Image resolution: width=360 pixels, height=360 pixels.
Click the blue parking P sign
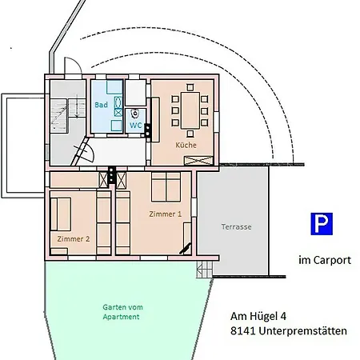click(x=322, y=224)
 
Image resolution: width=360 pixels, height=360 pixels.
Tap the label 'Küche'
click(x=186, y=145)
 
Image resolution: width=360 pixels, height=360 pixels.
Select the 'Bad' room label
click(x=101, y=106)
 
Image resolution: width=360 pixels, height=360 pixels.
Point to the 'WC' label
click(x=136, y=126)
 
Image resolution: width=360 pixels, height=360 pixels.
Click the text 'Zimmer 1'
click(x=165, y=214)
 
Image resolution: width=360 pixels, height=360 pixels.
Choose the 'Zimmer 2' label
click(x=73, y=238)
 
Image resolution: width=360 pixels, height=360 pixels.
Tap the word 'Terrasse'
click(x=236, y=226)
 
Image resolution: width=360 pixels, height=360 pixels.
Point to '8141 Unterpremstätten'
click(x=288, y=330)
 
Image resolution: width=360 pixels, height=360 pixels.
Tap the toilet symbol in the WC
click(x=137, y=113)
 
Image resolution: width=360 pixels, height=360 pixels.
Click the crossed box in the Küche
click(x=195, y=160)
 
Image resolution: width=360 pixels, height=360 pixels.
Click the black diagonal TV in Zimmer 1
click(x=187, y=235)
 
